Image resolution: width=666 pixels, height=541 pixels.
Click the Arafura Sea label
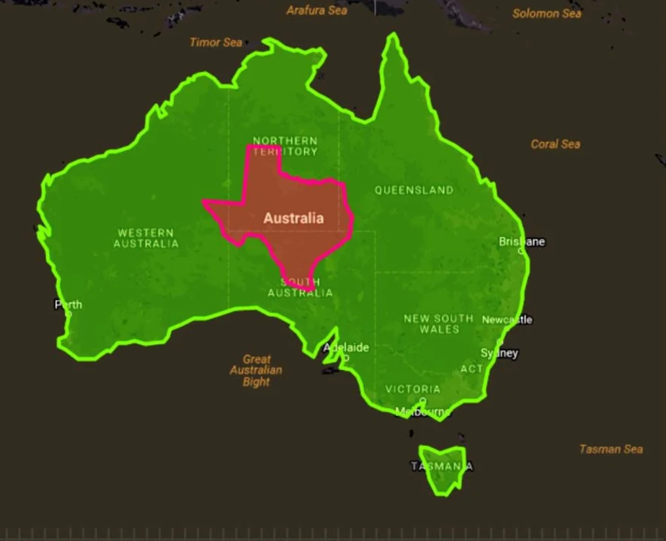click(316, 10)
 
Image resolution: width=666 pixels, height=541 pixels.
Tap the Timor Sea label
click(216, 43)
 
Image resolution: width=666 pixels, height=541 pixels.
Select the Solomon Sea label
click(546, 14)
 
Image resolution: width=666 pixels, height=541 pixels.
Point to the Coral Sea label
click(555, 144)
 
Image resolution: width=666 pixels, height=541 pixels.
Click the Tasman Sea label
click(610, 449)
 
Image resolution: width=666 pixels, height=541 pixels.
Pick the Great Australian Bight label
click(256, 370)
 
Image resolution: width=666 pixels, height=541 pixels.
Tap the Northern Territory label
click(285, 146)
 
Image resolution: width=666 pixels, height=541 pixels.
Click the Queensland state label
click(414, 190)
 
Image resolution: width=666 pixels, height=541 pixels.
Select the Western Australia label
click(146, 238)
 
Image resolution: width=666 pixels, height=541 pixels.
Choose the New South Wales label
click(438, 323)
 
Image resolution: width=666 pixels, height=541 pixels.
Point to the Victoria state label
click(412, 390)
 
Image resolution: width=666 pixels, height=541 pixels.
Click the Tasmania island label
click(441, 467)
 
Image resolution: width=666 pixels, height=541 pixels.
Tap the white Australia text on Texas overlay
click(293, 218)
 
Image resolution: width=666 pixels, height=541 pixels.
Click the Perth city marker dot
click(68, 314)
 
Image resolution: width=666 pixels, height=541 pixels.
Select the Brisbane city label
click(522, 242)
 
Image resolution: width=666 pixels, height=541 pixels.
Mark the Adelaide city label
click(346, 348)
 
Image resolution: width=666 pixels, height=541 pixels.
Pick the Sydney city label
click(499, 353)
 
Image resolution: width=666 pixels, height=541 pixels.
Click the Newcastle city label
click(507, 320)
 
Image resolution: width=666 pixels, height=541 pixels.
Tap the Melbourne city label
click(422, 412)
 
